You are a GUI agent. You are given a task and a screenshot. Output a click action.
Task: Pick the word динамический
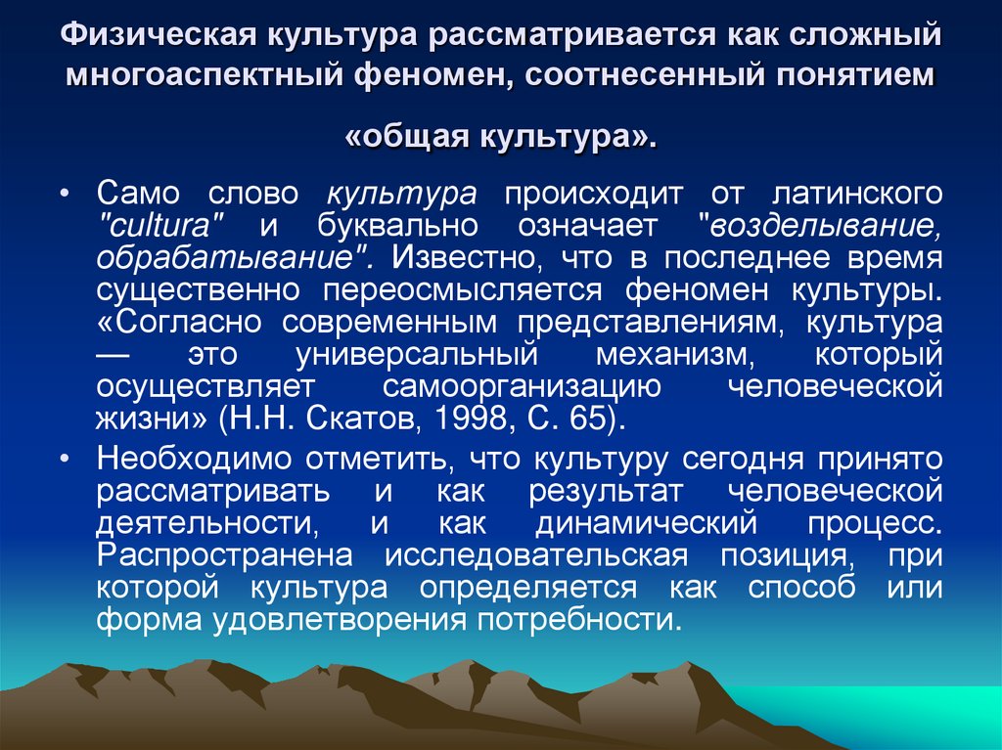tap(647, 524)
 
